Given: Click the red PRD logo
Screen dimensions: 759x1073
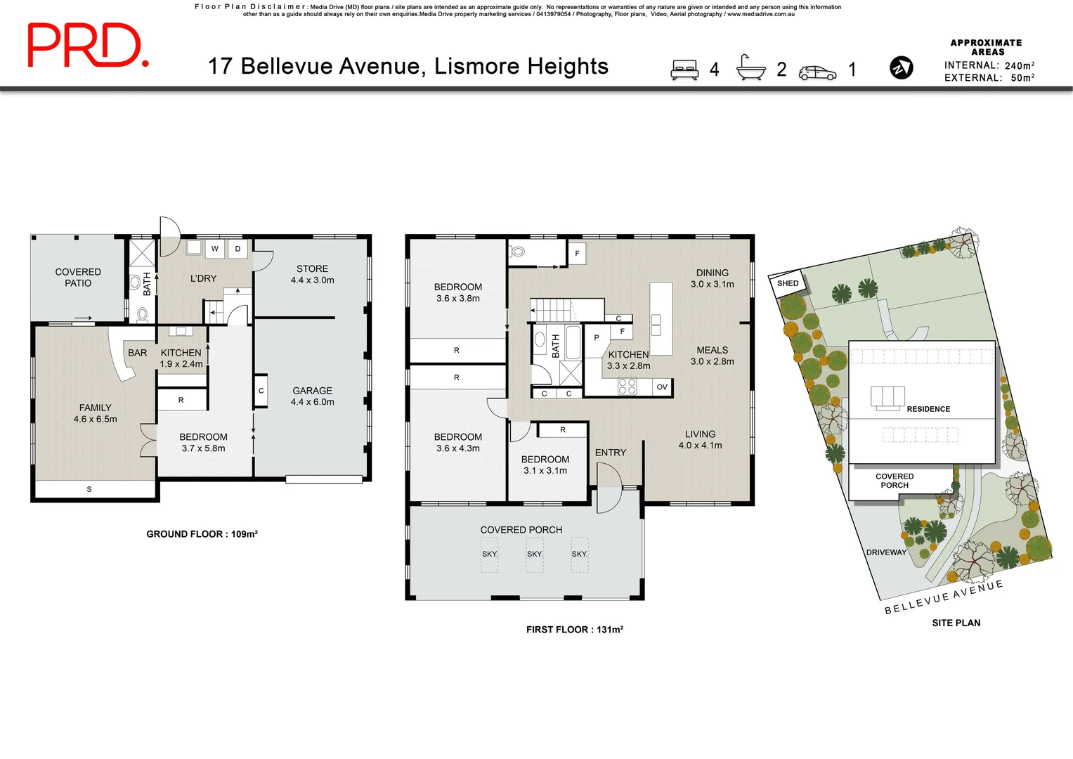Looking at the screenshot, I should click(x=88, y=46).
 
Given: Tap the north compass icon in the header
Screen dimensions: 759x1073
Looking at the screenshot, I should click(x=901, y=67).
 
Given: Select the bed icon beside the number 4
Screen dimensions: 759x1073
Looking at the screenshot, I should click(x=684, y=70).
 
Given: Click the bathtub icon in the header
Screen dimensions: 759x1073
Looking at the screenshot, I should click(x=750, y=68).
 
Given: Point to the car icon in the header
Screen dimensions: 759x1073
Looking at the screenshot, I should click(x=817, y=73).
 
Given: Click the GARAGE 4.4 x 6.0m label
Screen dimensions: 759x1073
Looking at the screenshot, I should click(x=312, y=396).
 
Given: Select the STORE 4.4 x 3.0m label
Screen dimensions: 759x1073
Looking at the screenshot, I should click(x=312, y=274).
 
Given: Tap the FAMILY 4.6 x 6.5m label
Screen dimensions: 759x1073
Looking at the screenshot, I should click(x=95, y=413).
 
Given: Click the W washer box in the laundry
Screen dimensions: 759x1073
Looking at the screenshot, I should click(x=215, y=249).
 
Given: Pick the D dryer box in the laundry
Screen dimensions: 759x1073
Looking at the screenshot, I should click(x=238, y=249).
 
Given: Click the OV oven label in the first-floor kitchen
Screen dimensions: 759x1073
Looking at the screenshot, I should click(x=662, y=387).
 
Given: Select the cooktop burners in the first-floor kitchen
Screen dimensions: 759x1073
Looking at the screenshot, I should click(x=627, y=386).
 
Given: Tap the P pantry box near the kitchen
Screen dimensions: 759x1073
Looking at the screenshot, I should click(x=597, y=338).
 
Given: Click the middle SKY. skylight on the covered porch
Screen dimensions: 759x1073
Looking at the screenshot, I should click(x=535, y=554).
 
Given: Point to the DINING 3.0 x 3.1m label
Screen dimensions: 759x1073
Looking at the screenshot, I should click(x=712, y=278).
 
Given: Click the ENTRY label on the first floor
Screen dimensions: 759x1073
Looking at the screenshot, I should click(x=610, y=453).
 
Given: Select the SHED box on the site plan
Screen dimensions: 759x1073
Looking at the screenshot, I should click(x=788, y=284).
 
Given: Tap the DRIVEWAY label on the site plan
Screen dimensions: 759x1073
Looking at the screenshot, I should click(x=885, y=552).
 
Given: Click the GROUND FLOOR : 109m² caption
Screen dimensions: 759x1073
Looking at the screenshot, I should click(x=202, y=534).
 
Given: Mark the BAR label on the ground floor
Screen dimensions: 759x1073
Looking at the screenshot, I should click(x=138, y=353).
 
